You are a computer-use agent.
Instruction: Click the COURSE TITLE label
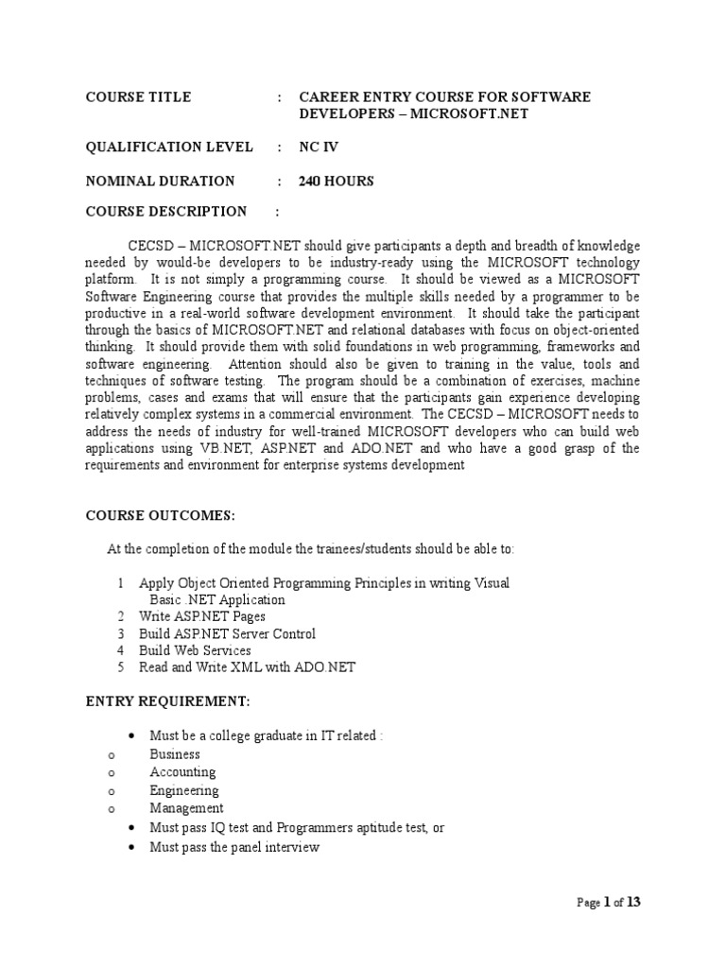click(x=138, y=96)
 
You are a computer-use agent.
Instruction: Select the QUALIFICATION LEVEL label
click(x=169, y=147)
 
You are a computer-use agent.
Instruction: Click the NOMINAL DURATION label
click(x=160, y=181)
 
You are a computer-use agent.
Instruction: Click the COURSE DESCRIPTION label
click(x=166, y=211)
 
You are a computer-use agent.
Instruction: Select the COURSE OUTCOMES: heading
click(x=160, y=515)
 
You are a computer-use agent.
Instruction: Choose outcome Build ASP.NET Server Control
click(x=227, y=633)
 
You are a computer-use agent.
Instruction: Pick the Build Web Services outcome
click(x=195, y=650)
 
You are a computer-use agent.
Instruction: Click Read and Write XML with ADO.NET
click(x=247, y=667)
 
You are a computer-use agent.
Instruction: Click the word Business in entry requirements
click(x=175, y=754)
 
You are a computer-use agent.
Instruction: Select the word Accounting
click(x=182, y=772)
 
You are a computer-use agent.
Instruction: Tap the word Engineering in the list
click(x=184, y=790)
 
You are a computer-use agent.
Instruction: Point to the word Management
click(x=187, y=808)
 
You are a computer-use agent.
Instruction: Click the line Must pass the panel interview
click(x=234, y=847)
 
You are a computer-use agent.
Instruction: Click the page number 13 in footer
click(x=633, y=902)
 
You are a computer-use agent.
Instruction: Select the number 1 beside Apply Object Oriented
click(x=121, y=583)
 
